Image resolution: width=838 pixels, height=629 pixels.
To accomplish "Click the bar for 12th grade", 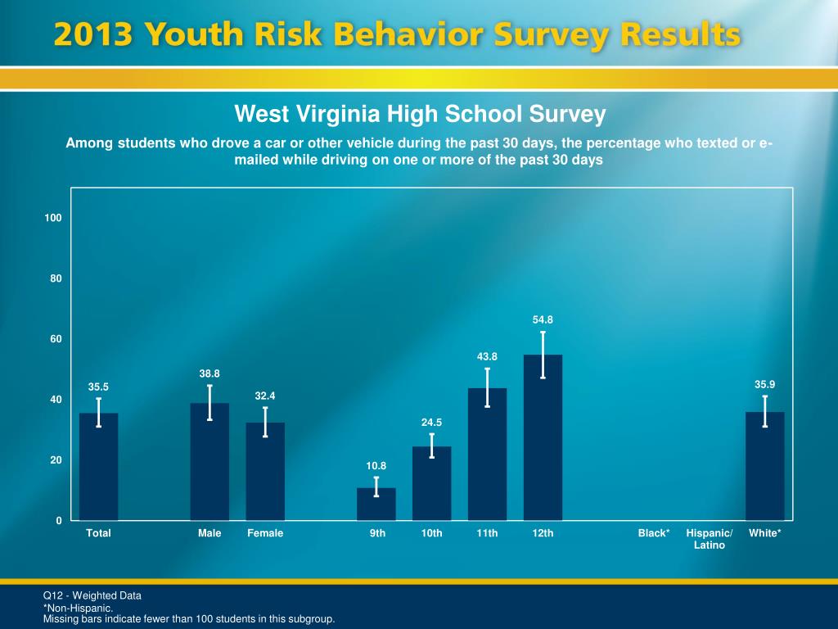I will point(543,442).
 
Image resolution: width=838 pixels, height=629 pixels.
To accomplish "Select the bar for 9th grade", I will point(376,505).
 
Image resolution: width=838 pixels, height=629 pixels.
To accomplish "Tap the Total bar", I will point(99,468).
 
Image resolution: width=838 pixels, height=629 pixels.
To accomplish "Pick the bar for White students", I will point(764,468).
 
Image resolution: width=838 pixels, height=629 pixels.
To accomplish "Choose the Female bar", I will point(265,473).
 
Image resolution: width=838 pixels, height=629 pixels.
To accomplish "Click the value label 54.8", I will point(543,319).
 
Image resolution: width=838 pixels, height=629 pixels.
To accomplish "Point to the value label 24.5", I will point(432,423).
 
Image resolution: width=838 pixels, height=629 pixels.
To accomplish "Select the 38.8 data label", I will point(209,373).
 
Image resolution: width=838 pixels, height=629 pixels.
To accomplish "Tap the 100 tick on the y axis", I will point(54,218).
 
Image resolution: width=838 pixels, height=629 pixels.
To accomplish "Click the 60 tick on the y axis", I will point(56,339).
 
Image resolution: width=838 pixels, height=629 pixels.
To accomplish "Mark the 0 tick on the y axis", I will point(59,521).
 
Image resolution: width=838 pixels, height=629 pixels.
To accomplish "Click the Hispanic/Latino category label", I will point(710,539).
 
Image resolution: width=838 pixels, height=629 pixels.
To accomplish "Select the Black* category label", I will point(654,533).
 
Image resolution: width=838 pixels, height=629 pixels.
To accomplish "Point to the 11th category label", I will point(487,533).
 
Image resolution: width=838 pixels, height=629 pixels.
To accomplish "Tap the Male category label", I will point(209,533).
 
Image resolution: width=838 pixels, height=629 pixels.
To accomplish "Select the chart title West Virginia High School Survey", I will point(420,114).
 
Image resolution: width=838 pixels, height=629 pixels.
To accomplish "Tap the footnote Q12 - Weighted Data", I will point(92,595).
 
